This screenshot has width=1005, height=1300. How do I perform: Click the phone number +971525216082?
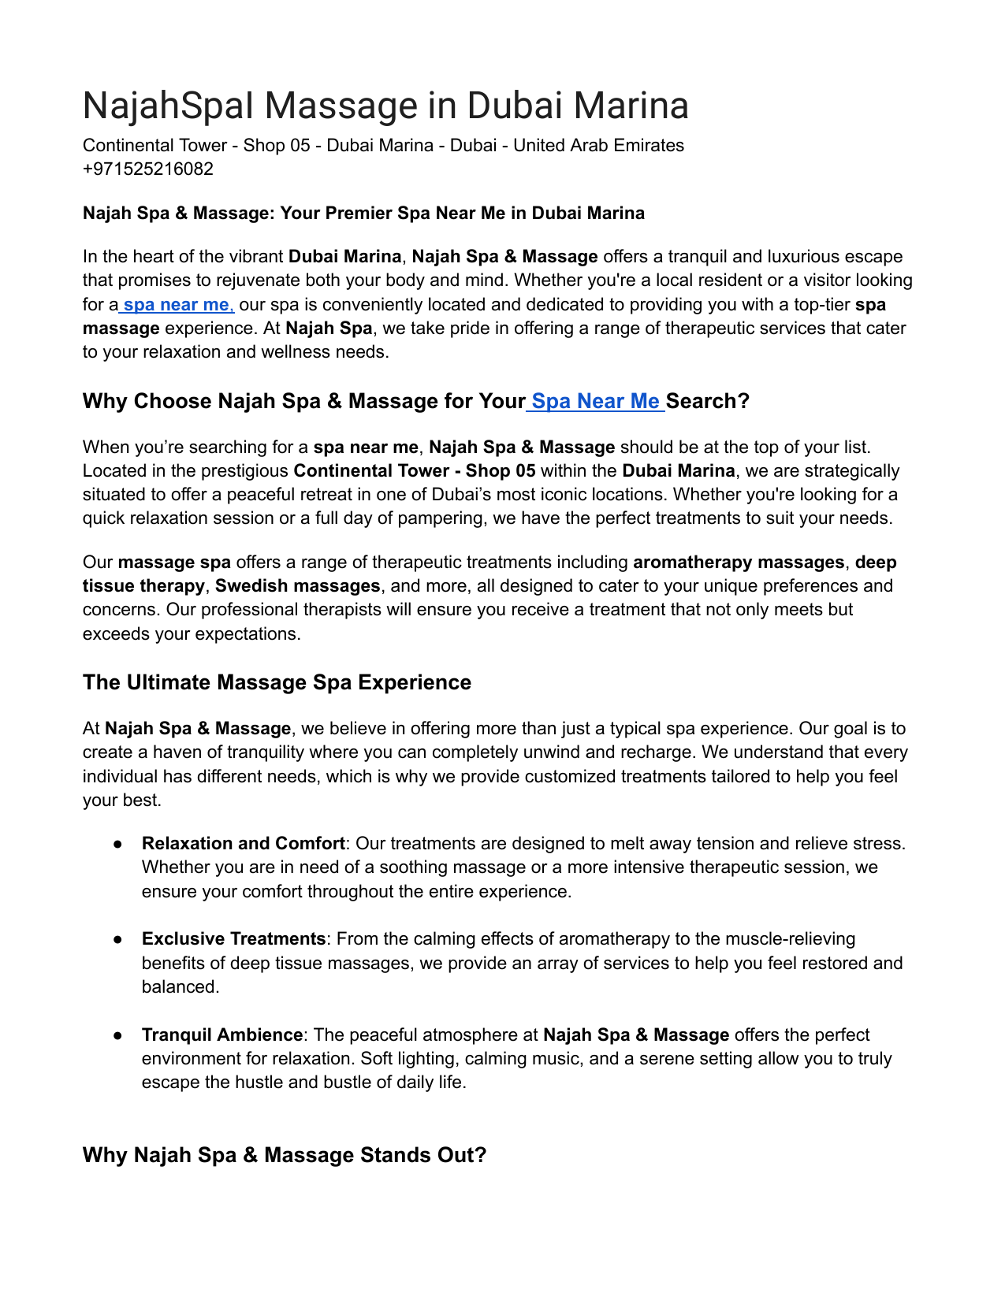click(147, 169)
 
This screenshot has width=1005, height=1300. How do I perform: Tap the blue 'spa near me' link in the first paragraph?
click(177, 305)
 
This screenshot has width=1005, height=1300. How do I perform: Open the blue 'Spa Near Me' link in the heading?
click(596, 402)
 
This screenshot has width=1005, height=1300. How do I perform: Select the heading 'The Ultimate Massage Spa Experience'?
click(277, 683)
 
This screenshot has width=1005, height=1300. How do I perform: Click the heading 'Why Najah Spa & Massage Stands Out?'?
click(285, 1156)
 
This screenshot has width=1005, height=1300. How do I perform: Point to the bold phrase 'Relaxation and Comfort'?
click(243, 844)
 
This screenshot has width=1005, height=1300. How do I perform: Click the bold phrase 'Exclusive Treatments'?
click(233, 939)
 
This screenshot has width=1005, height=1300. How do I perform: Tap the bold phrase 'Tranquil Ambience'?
click(222, 1035)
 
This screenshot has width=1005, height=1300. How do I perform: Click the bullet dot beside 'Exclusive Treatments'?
click(117, 940)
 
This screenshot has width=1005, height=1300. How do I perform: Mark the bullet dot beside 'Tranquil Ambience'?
click(117, 1036)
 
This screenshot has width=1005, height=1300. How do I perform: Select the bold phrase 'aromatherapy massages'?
click(739, 563)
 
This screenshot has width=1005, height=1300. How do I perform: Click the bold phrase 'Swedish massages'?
click(298, 586)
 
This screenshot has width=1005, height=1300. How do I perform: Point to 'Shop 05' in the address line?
click(276, 146)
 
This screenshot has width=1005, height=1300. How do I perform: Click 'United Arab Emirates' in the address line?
click(598, 146)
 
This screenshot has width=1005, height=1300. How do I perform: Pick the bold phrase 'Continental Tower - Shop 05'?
click(415, 471)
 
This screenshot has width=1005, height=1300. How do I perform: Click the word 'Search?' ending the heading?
click(708, 402)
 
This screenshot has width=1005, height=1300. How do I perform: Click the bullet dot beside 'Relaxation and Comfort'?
click(117, 845)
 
